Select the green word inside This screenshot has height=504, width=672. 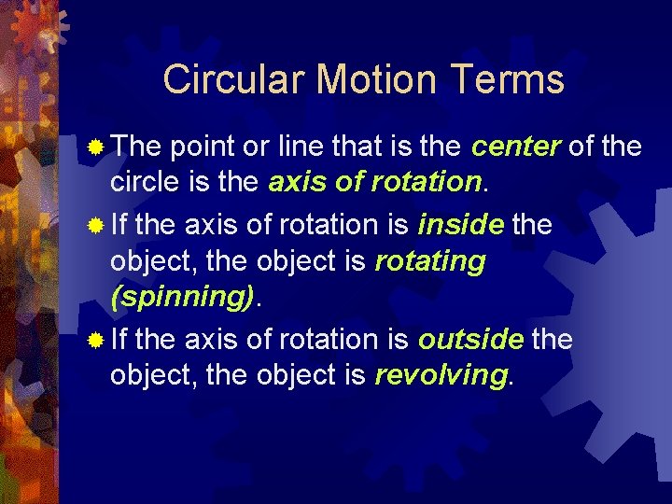point(461,225)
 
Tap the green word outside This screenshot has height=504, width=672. point(470,340)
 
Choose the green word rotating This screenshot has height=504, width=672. point(429,262)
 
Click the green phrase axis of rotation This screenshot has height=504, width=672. point(374,182)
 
